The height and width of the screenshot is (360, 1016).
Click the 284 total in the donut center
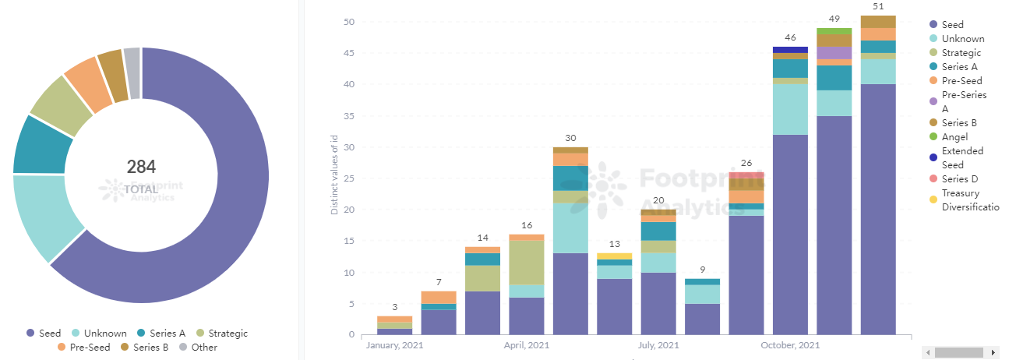pyautogui.click(x=141, y=166)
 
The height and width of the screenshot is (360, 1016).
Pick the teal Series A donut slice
pyautogui.click(x=42, y=145)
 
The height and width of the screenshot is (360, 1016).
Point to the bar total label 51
pyautogui.click(x=877, y=6)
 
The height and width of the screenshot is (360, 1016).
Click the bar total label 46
pyautogui.click(x=790, y=37)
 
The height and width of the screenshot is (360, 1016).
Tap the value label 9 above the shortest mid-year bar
pyautogui.click(x=703, y=270)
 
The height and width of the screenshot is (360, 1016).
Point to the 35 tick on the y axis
pyautogui.click(x=349, y=116)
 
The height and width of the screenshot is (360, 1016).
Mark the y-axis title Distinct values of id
pyautogui.click(x=335, y=179)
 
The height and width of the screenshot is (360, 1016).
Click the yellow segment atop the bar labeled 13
pyautogui.click(x=615, y=256)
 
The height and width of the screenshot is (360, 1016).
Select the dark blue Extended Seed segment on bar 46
pyautogui.click(x=790, y=50)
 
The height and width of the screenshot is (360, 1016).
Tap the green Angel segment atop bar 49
pyautogui.click(x=834, y=30)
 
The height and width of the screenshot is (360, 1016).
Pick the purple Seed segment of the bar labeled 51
pyautogui.click(x=877, y=210)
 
